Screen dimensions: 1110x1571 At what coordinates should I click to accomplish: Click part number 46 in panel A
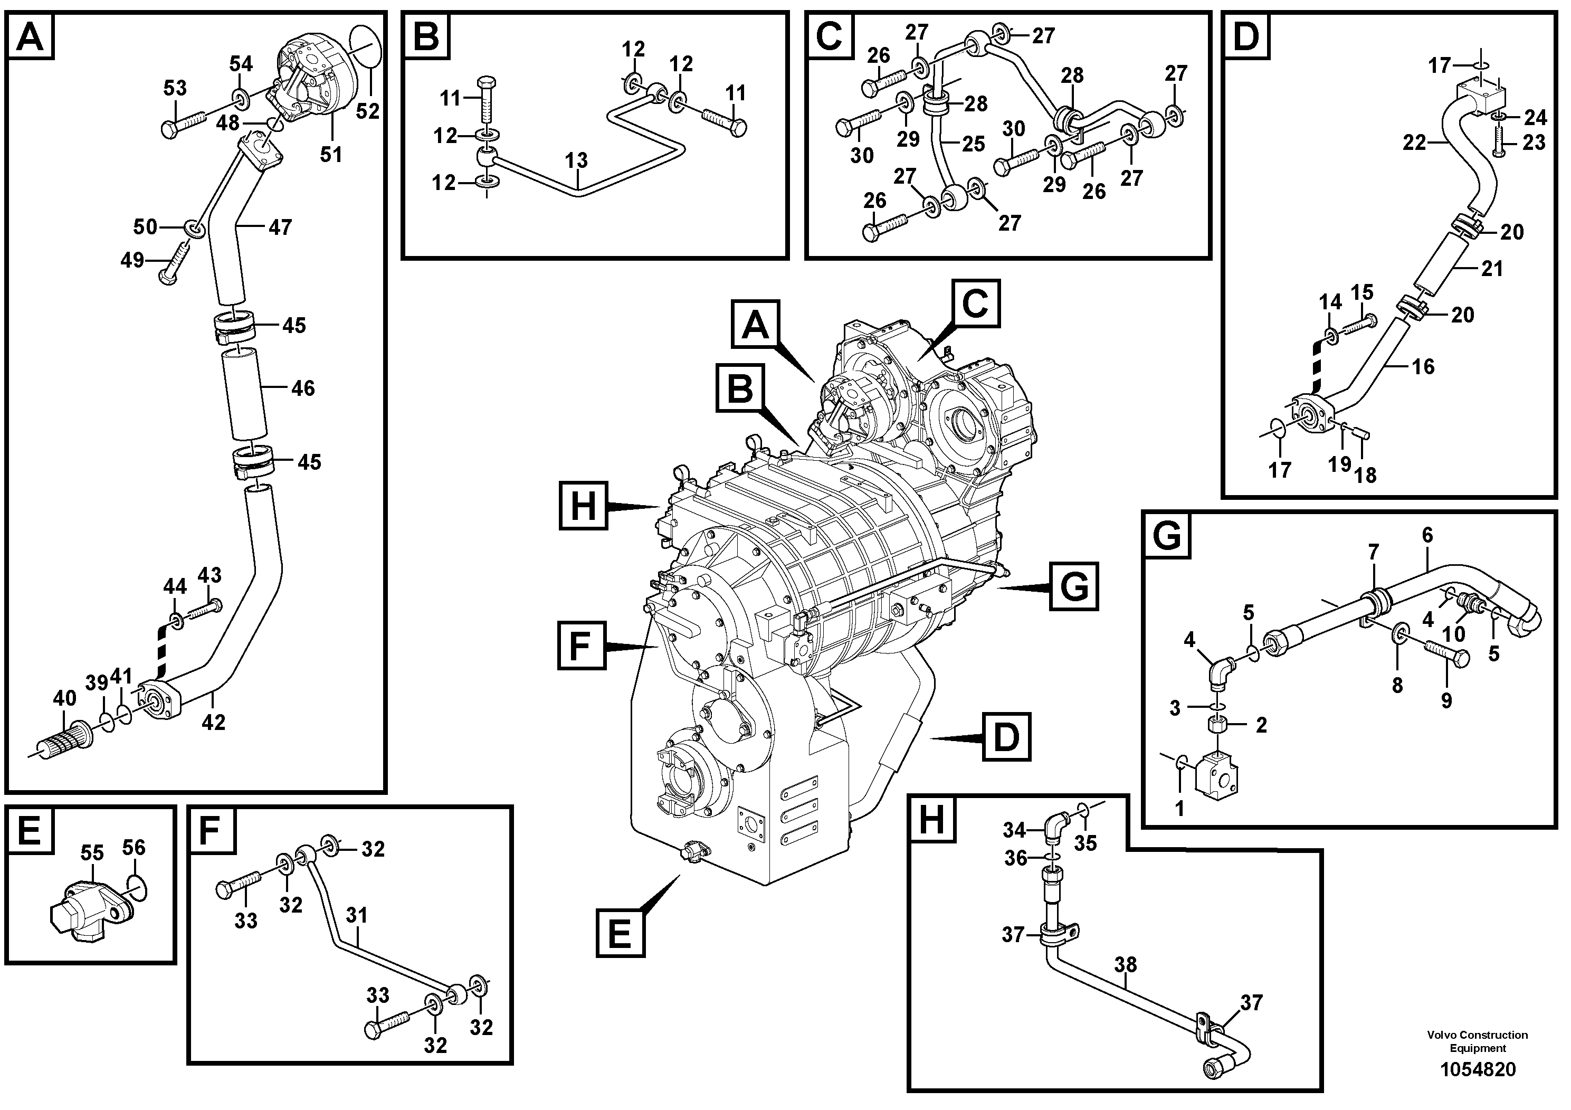coord(302,388)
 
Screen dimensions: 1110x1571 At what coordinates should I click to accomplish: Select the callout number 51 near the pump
coord(331,155)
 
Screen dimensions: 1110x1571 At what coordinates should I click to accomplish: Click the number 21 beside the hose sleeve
coord(1492,269)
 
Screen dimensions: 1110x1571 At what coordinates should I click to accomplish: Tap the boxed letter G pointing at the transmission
coord(1073,586)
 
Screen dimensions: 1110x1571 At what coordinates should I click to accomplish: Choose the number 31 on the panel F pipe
coord(357,915)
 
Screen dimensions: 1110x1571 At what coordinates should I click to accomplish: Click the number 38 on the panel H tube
coord(1125,964)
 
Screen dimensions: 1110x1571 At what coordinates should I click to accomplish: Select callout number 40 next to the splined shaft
coord(64,699)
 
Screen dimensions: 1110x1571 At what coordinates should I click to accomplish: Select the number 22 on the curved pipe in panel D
coord(1414,143)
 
